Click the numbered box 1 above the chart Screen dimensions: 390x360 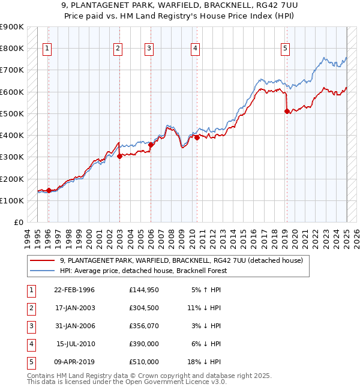point(47,49)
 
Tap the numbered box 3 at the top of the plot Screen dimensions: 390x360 point(148,49)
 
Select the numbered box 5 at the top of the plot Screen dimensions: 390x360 point(285,49)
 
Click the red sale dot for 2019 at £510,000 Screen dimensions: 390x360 point(287,111)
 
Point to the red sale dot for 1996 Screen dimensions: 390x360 point(49,191)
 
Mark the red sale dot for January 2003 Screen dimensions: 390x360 point(119,156)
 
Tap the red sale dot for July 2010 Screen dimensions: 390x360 point(197,137)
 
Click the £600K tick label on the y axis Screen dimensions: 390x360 point(12,92)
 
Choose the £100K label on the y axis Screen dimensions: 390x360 point(12,200)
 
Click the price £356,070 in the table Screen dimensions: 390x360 point(144,326)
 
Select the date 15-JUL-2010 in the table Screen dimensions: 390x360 point(75,344)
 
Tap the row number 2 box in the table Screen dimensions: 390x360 point(29,308)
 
